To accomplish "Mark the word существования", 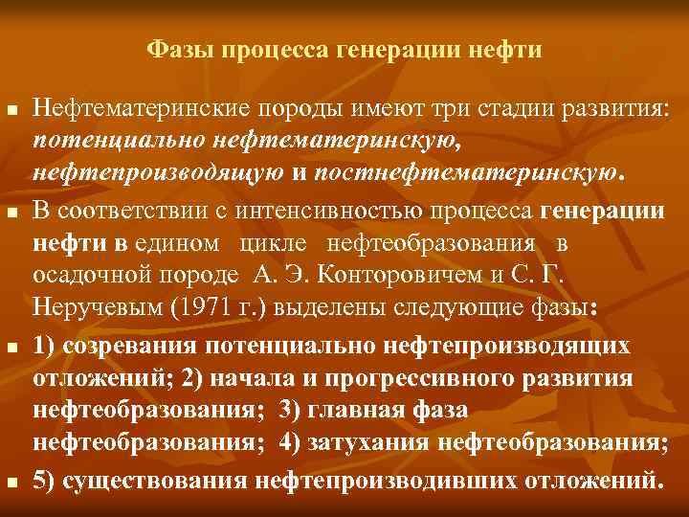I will point(143,477).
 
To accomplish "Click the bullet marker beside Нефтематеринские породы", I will point(11,113).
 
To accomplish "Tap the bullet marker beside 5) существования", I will point(11,480).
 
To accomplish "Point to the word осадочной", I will point(91,277).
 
